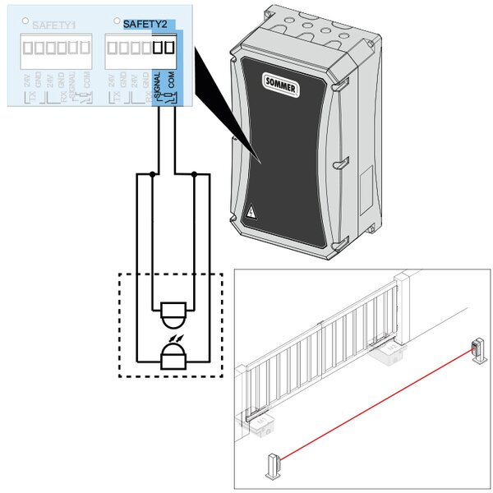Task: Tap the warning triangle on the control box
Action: tap(251, 212)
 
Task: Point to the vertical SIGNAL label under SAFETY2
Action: tap(157, 86)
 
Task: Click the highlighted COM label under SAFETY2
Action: tap(170, 85)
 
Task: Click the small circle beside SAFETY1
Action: tap(27, 21)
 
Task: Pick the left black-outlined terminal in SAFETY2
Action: tap(158, 48)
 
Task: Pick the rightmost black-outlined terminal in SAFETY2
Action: tap(169, 48)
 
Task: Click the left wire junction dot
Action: tap(152, 174)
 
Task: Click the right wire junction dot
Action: tap(194, 174)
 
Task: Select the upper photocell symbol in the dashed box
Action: tap(173, 313)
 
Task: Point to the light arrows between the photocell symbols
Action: tap(175, 336)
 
